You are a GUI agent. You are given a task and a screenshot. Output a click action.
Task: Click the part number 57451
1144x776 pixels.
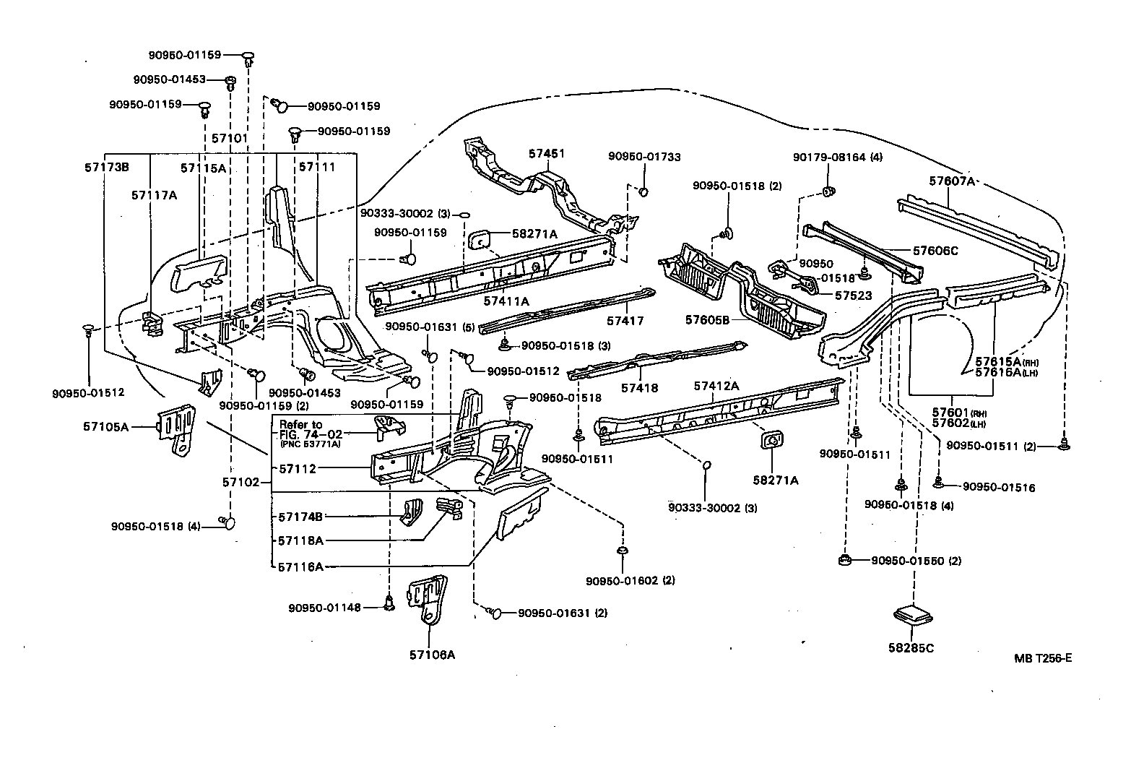tap(546, 154)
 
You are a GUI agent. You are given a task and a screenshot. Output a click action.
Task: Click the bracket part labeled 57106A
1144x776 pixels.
tap(428, 599)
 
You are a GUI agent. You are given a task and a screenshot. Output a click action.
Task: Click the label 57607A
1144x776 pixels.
tap(952, 181)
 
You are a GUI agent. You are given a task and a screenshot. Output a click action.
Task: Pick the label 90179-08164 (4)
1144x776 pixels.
tap(837, 157)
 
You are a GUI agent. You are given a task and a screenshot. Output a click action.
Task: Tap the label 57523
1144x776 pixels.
tap(853, 296)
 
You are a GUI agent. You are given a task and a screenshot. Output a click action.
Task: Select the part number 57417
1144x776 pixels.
tap(625, 321)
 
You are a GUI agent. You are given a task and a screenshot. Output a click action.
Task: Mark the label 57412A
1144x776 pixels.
tap(716, 386)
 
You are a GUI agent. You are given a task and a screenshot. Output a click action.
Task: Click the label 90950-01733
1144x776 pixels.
tap(644, 157)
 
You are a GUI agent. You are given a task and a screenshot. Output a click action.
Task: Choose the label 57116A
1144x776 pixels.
tap(300, 567)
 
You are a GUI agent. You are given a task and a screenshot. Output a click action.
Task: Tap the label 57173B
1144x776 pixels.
tap(106, 167)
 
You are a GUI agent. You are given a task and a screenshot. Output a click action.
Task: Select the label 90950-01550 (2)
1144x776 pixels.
tap(916, 561)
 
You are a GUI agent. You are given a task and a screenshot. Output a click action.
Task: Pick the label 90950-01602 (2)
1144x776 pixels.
tap(630, 580)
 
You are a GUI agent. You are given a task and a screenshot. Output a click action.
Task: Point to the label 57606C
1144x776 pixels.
tap(935, 251)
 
